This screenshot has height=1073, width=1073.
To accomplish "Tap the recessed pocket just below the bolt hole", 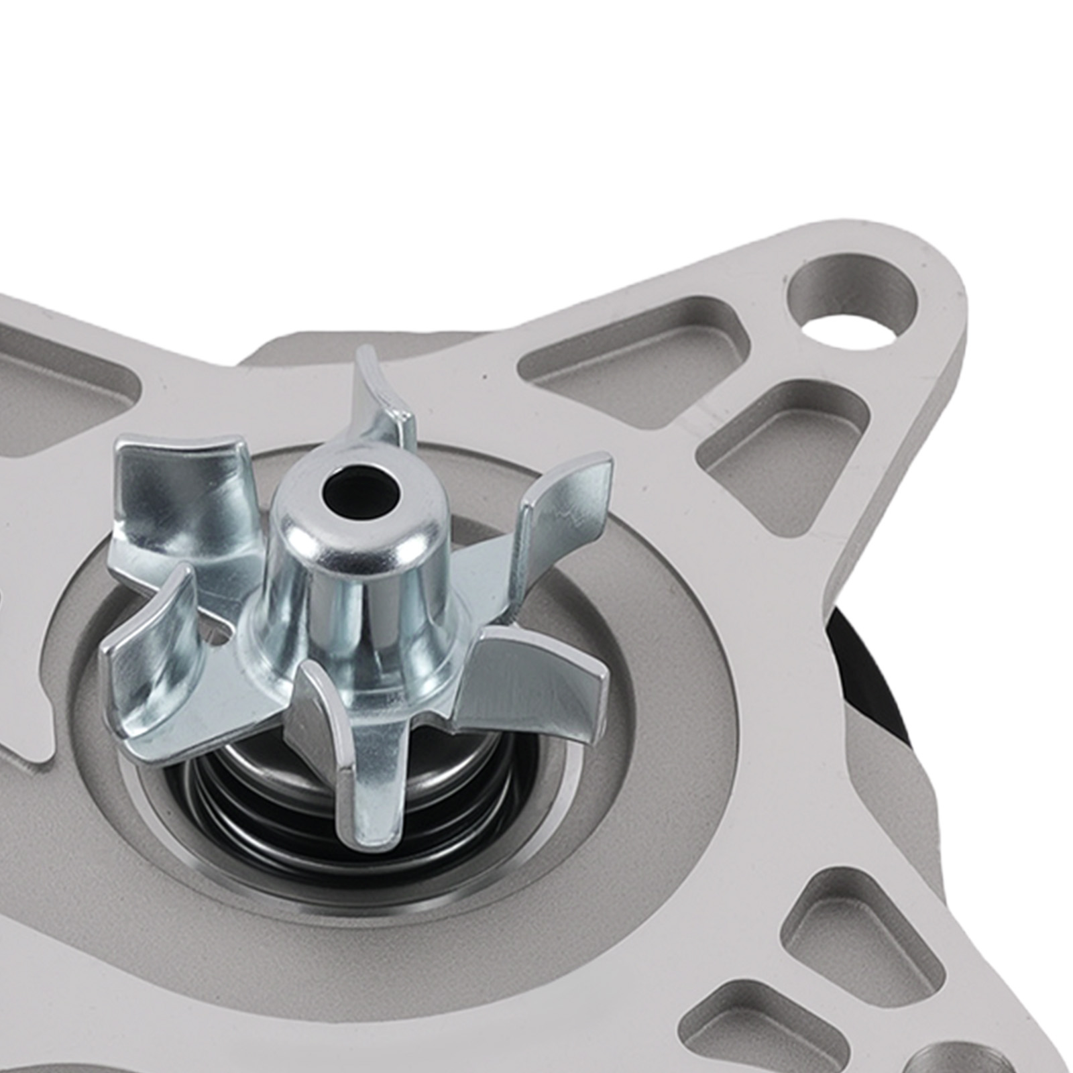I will click(785, 429).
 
